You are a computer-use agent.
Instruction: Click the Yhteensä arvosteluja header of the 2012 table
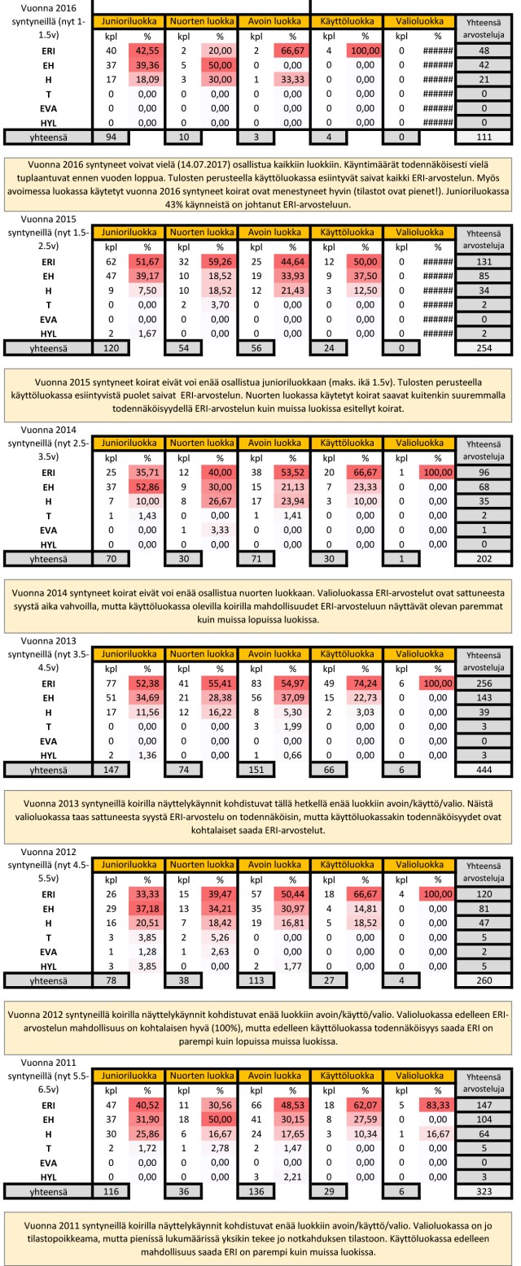(x=485, y=872)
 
